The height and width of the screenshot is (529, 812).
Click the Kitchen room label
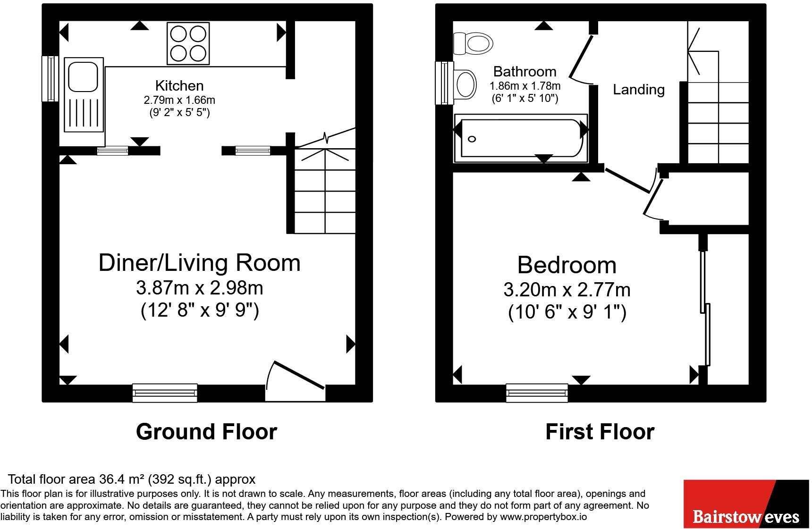179,85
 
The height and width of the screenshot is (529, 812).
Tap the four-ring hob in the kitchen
188,43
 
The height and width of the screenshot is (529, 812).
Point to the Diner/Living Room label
199,262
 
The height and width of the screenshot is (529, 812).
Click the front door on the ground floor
296,381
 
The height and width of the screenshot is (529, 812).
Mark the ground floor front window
165,393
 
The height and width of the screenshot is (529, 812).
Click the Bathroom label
524,71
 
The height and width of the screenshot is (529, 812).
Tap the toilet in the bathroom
473,44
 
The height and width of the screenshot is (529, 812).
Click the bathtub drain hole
472,139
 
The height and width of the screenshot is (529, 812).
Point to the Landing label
639,89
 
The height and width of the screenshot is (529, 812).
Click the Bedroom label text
567,265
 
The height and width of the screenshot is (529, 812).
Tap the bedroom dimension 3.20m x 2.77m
567,289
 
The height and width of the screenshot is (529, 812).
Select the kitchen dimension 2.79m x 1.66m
179,100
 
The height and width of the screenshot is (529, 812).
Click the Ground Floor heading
206,431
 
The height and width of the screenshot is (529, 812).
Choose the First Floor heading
600,431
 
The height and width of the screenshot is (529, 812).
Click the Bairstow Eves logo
746,504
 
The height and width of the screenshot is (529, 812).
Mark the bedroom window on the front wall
537,393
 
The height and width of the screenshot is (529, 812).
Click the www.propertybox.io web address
543,517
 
